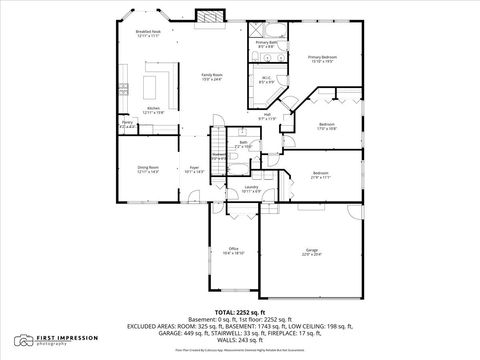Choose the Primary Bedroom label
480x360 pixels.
pos(322,58)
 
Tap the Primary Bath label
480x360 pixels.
pos(265,44)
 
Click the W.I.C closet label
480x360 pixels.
pos(266,79)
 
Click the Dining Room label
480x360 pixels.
pos(148,169)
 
